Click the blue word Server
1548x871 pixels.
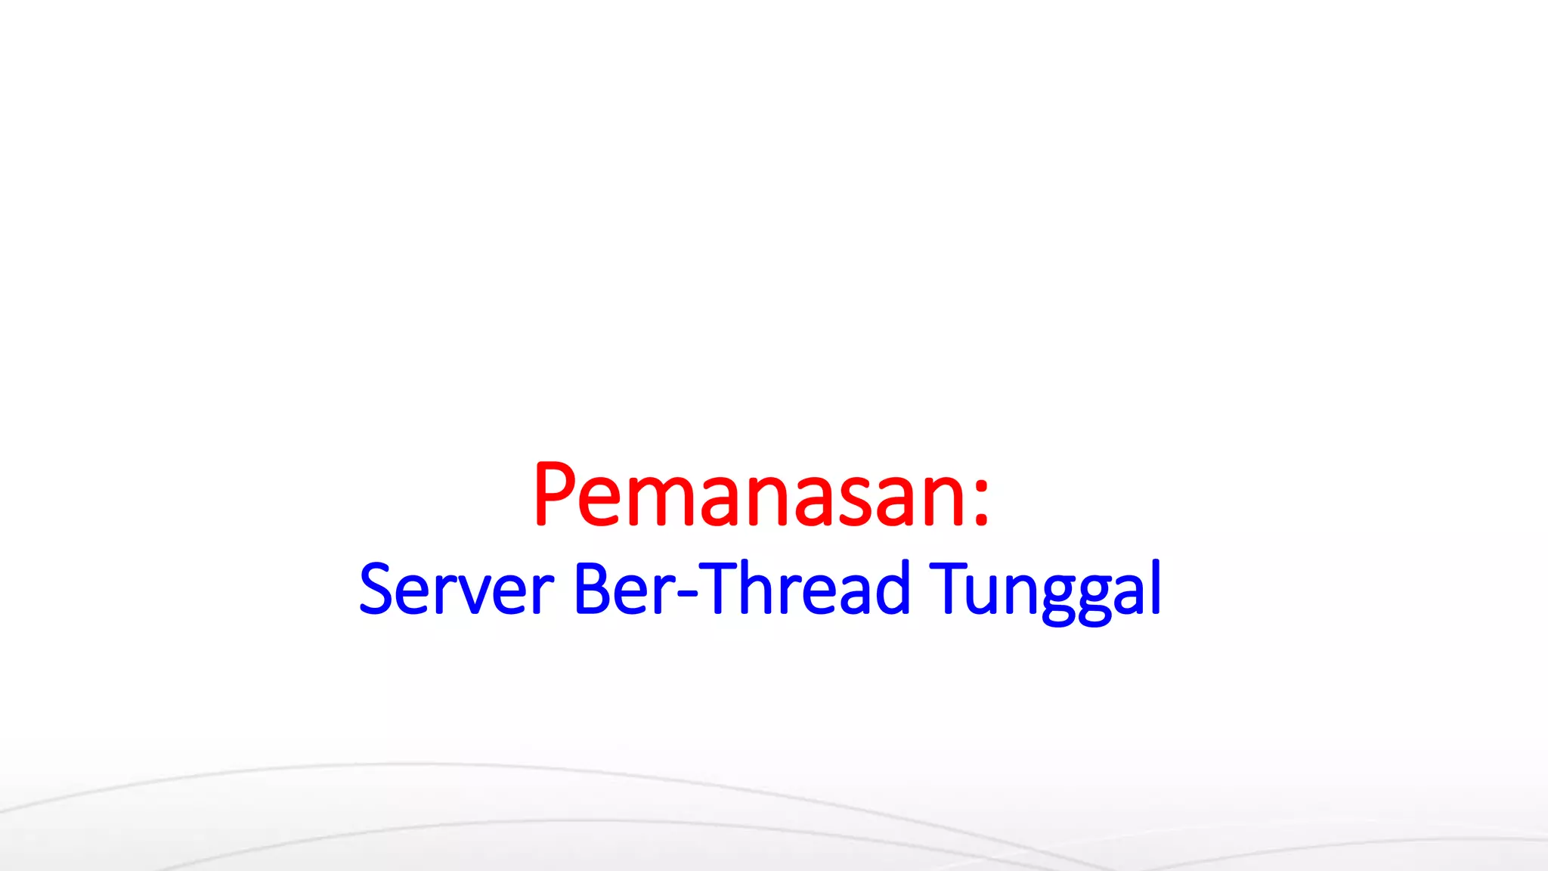pyautogui.click(x=457, y=588)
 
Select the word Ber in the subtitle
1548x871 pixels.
pyautogui.click(x=624, y=588)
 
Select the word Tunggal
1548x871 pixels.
pyautogui.click(x=1045, y=590)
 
